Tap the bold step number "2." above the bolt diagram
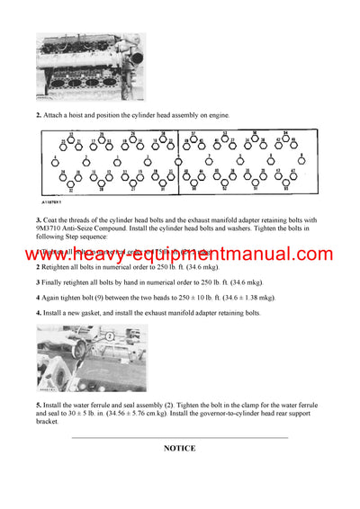pos(38,116)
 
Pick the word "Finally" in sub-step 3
pos(54,281)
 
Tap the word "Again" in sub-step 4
pos(52,297)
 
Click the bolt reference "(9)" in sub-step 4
pos(105,297)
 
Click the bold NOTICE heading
pos(179,448)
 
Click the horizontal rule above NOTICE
pos(179,436)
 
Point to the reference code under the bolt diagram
pos(55,202)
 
